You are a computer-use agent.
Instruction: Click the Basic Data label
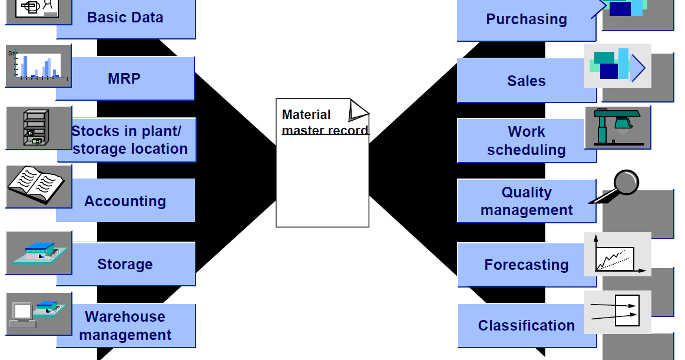125,17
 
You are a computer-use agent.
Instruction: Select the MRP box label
124,78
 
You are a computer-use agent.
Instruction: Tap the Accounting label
125,201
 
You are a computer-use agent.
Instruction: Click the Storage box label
125,264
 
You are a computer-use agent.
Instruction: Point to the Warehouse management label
125,326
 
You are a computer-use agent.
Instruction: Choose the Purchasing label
526,19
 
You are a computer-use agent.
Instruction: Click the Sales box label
526,81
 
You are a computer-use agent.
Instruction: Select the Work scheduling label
526,141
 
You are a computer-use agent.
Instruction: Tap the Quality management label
526,201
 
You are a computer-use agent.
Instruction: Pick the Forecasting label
526,265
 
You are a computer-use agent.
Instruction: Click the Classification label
526,325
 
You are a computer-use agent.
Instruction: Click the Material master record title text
324,122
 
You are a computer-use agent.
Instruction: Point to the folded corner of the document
358,109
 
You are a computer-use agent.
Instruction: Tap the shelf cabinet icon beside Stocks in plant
35,128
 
